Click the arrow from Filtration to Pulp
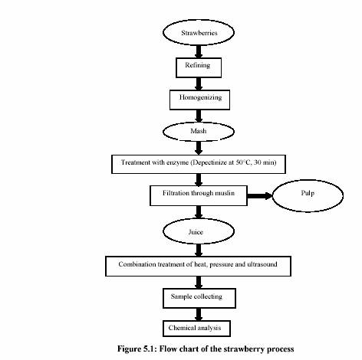(x=260, y=196)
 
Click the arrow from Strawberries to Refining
(x=199, y=51)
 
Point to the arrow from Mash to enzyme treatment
(x=199, y=148)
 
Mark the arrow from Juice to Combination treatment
(x=199, y=250)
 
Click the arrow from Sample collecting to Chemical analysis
(x=199, y=314)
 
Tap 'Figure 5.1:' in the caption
(x=137, y=349)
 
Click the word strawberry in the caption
(x=244, y=349)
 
